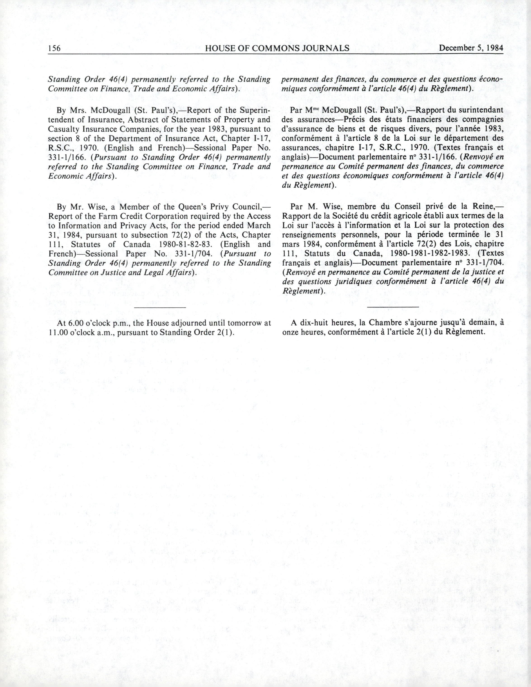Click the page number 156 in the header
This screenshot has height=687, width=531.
54,48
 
